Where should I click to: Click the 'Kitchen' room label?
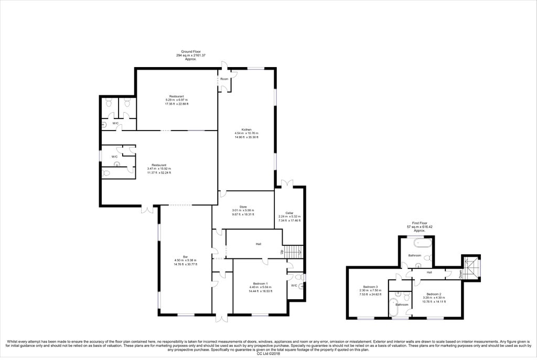coord(246,129)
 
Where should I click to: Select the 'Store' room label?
coord(243,206)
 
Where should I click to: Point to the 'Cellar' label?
coord(289,212)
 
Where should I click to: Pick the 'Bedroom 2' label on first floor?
coord(434,294)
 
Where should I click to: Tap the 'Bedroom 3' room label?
coord(370,287)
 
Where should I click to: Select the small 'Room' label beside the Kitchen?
coord(224,79)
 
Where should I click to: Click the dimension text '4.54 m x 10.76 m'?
coord(246,133)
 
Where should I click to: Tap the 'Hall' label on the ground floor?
coord(259,244)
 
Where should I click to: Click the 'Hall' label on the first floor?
coord(429,272)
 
